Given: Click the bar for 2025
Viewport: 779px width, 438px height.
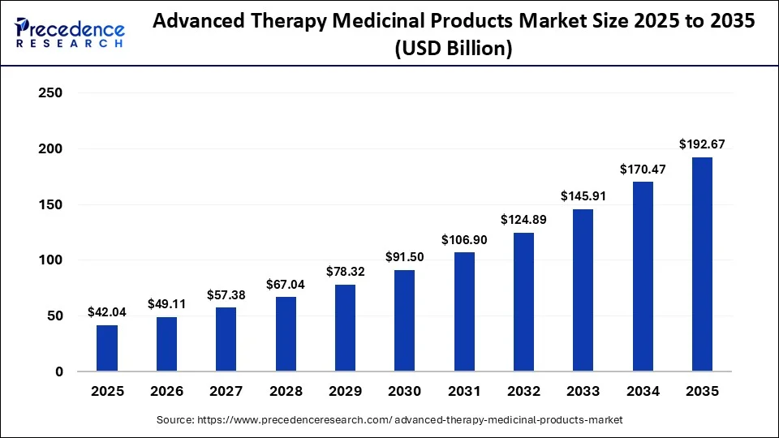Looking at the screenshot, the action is tap(107, 348).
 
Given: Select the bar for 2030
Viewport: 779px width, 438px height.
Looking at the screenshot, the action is tap(404, 320).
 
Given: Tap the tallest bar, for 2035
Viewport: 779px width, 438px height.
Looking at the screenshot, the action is tap(702, 264).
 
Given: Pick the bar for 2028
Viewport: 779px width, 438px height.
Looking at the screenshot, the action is tap(286, 333).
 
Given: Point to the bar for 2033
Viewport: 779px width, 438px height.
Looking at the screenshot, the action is tap(583, 290).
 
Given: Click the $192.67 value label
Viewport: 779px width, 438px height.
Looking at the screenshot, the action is tap(702, 144).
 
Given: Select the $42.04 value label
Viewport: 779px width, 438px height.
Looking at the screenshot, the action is tap(107, 311).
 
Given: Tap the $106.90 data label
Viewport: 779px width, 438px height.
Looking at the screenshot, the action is tap(464, 240).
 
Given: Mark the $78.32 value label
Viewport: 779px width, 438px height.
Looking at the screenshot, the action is tap(346, 271).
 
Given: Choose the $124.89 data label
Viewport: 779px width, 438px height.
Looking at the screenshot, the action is tap(523, 220).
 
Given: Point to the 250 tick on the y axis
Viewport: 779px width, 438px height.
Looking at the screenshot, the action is tap(50, 92).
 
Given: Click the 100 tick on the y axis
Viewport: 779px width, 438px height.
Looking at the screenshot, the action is tap(50, 260).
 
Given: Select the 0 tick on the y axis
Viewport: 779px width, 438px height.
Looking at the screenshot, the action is tap(59, 371).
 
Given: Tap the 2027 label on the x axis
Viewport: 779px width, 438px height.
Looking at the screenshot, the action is tap(226, 391).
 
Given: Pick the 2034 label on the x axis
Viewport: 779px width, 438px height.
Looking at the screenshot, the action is tap(643, 391).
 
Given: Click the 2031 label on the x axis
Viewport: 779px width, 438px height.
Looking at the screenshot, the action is tap(464, 391).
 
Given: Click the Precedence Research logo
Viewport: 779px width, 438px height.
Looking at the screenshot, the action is tap(70, 32).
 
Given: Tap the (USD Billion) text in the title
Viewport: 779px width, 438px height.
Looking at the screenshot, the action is tap(454, 48).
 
